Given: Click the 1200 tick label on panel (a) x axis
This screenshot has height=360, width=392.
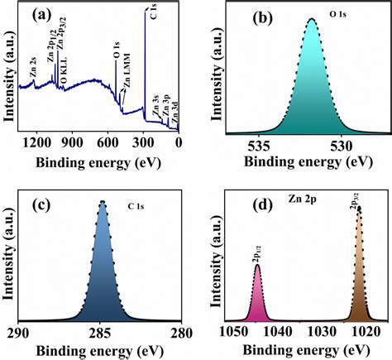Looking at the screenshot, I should point(36,142).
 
